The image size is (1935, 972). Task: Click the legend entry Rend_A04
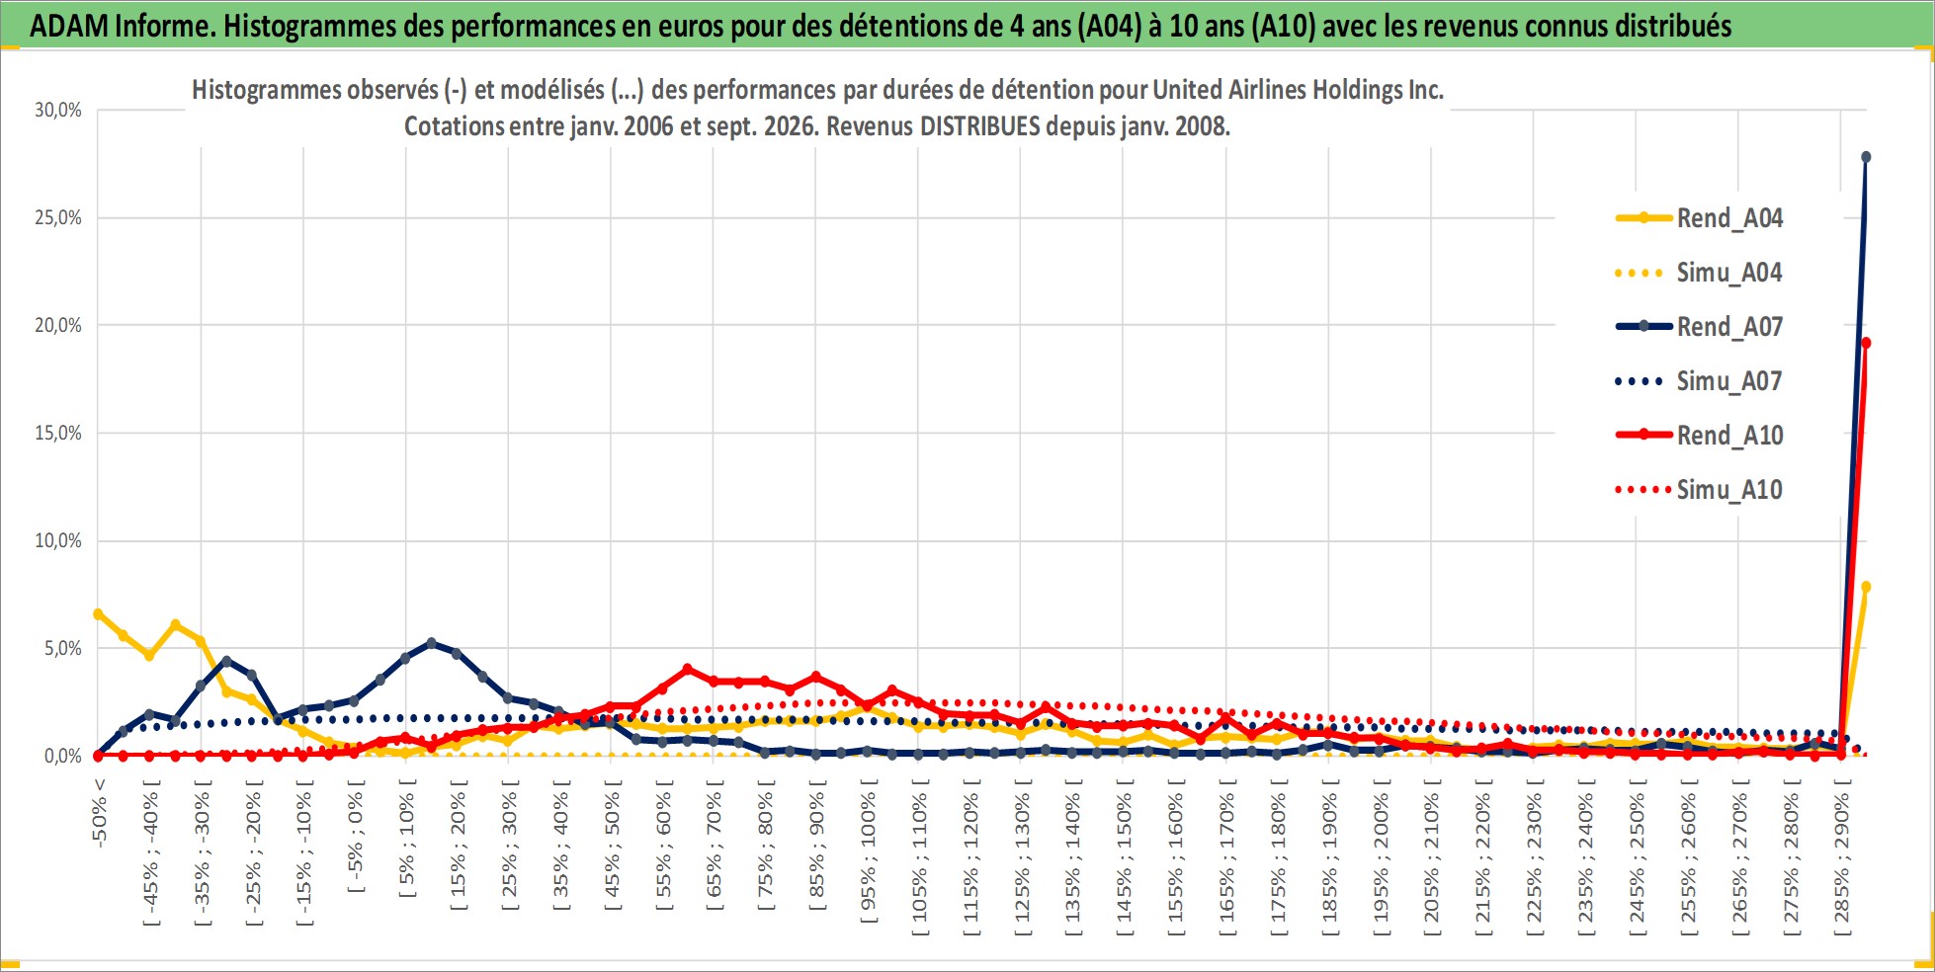(1699, 217)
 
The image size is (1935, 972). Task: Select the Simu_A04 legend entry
(1699, 272)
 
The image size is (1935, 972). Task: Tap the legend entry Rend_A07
(1699, 326)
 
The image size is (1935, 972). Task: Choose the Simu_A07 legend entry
(1699, 380)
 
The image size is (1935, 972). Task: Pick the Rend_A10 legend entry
(1699, 435)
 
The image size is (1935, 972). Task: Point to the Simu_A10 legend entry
(1699, 489)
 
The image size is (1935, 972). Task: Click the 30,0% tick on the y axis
(58, 110)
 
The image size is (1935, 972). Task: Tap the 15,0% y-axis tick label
(58, 433)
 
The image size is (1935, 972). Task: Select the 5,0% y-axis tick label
(62, 648)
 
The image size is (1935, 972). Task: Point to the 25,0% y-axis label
(58, 217)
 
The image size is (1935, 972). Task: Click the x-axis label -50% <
(99, 812)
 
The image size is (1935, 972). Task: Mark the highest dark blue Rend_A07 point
(1866, 157)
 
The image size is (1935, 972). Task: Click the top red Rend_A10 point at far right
(1866, 343)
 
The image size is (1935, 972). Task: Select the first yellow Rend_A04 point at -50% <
(98, 613)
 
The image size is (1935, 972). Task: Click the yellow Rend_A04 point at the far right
(1866, 587)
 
